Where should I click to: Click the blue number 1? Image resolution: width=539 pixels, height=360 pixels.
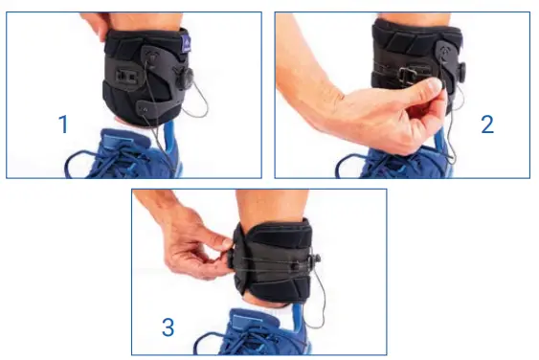63,124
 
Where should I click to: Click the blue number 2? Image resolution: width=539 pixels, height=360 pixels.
487,124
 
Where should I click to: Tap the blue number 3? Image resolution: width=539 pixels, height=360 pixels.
168,327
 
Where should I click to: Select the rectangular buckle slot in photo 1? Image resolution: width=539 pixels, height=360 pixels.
125,73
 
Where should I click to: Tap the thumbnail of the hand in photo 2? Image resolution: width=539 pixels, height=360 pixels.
435,87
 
